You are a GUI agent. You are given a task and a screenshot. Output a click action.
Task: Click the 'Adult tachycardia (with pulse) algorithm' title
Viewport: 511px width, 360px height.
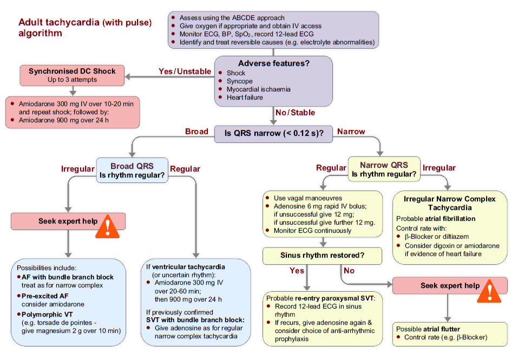(x=85, y=28)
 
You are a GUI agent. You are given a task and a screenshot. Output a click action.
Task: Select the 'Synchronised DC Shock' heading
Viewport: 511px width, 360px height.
(x=72, y=71)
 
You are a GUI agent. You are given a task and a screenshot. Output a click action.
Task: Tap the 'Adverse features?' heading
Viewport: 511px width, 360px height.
(x=273, y=63)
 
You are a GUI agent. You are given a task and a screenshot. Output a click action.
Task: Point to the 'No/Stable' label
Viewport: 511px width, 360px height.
(x=295, y=113)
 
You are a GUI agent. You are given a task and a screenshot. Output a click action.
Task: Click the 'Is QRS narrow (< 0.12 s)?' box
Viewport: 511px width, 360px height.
(x=273, y=133)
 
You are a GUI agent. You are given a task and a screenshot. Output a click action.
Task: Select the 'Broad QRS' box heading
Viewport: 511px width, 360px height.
(x=132, y=166)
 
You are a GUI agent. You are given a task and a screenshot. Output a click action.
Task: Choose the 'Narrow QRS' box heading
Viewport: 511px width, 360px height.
(x=384, y=165)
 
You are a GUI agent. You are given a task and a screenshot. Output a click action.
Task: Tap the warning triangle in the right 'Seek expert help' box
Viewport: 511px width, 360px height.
(x=490, y=291)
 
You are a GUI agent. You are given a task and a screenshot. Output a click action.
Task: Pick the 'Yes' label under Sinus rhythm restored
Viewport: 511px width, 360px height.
(x=297, y=270)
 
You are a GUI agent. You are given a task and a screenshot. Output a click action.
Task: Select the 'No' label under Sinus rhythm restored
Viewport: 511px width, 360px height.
(x=350, y=270)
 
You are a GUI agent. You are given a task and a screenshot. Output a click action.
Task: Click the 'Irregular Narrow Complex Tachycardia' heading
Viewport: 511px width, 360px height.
(x=449, y=203)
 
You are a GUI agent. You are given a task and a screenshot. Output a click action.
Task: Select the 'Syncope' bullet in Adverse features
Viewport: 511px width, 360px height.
(x=239, y=81)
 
